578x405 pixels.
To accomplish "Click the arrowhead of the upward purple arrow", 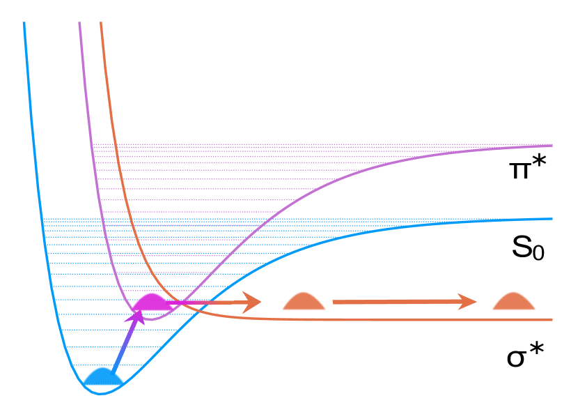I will [138, 316].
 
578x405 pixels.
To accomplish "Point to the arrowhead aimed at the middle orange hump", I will [252, 303].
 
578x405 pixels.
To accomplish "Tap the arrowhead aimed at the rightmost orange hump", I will [468, 302].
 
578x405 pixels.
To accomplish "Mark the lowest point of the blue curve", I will [100, 394].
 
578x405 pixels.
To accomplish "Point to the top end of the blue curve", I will [24, 23].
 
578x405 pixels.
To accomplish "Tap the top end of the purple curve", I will [79, 23].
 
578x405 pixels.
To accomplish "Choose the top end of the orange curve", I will [101, 23].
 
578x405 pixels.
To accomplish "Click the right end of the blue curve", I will [552, 219].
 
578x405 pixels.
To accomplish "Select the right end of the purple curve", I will [552, 146].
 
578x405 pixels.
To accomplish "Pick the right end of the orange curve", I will [552, 320].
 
